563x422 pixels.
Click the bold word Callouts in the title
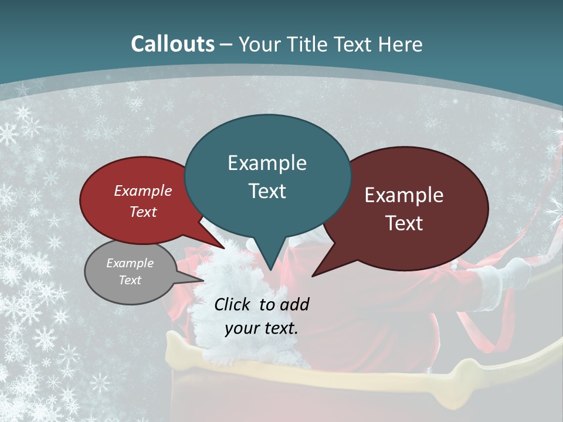coord(172,44)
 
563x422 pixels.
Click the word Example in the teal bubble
coord(267,163)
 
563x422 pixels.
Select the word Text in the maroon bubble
coord(405,223)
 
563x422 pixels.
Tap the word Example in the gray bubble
coord(130,263)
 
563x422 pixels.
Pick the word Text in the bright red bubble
coord(143,212)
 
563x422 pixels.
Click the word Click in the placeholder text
coord(233,304)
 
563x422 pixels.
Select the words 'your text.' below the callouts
coord(262,328)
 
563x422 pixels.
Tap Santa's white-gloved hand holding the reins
coord(516,270)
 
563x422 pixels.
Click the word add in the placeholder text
coord(294,304)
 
